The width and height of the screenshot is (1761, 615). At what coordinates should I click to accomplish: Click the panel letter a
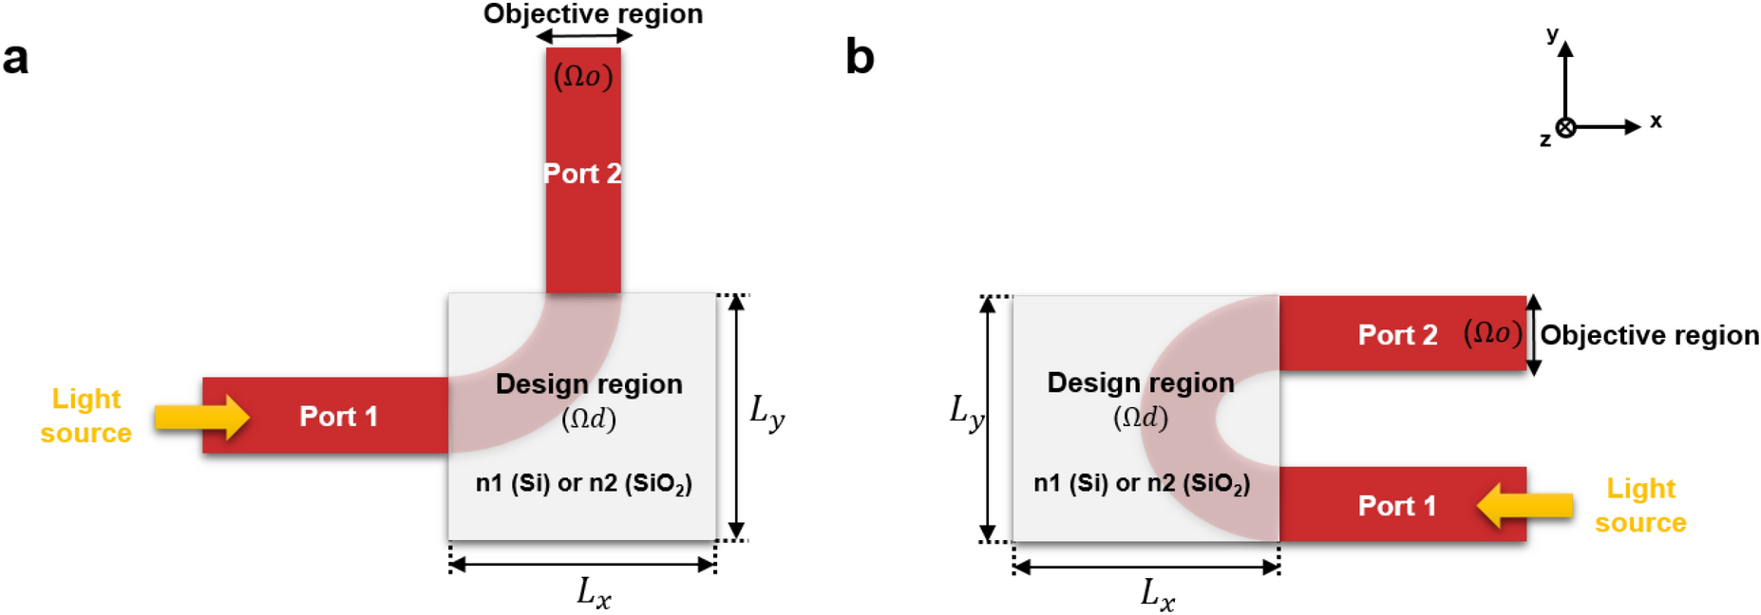click(x=15, y=59)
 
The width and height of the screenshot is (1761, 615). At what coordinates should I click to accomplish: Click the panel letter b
click(x=859, y=59)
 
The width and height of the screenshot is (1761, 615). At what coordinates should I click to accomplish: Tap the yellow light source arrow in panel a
click(x=201, y=416)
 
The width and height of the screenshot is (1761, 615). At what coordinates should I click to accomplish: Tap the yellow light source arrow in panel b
click(x=1524, y=505)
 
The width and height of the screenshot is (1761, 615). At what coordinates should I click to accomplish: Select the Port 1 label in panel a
click(x=338, y=416)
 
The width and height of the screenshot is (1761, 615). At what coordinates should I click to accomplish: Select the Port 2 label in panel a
click(x=582, y=174)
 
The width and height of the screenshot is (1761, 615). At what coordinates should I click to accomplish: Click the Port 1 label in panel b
click(x=1396, y=506)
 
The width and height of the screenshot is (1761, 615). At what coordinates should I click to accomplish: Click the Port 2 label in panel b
click(x=1397, y=335)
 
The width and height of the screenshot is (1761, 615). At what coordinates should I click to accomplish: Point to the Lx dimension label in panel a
click(x=594, y=593)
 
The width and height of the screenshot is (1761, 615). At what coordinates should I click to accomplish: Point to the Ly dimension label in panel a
click(x=767, y=413)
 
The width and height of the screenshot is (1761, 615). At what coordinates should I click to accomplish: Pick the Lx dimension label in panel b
click(x=1157, y=596)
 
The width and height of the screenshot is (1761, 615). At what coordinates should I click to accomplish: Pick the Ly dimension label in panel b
click(x=967, y=414)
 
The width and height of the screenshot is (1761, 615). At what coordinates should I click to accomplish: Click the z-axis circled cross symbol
click(x=1565, y=127)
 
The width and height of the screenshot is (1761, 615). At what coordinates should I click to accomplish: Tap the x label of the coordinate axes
click(x=1656, y=121)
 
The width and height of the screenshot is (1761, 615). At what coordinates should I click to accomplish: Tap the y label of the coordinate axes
click(x=1552, y=35)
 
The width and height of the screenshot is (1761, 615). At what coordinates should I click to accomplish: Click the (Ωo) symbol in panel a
click(x=583, y=76)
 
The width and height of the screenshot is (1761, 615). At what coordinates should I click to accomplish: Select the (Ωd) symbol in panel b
click(x=1140, y=418)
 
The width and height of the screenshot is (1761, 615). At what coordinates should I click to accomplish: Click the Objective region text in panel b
click(x=1649, y=335)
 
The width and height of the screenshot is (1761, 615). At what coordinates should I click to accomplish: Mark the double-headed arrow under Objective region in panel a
click(x=583, y=37)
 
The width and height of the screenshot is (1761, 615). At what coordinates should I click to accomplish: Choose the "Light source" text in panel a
click(x=85, y=416)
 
